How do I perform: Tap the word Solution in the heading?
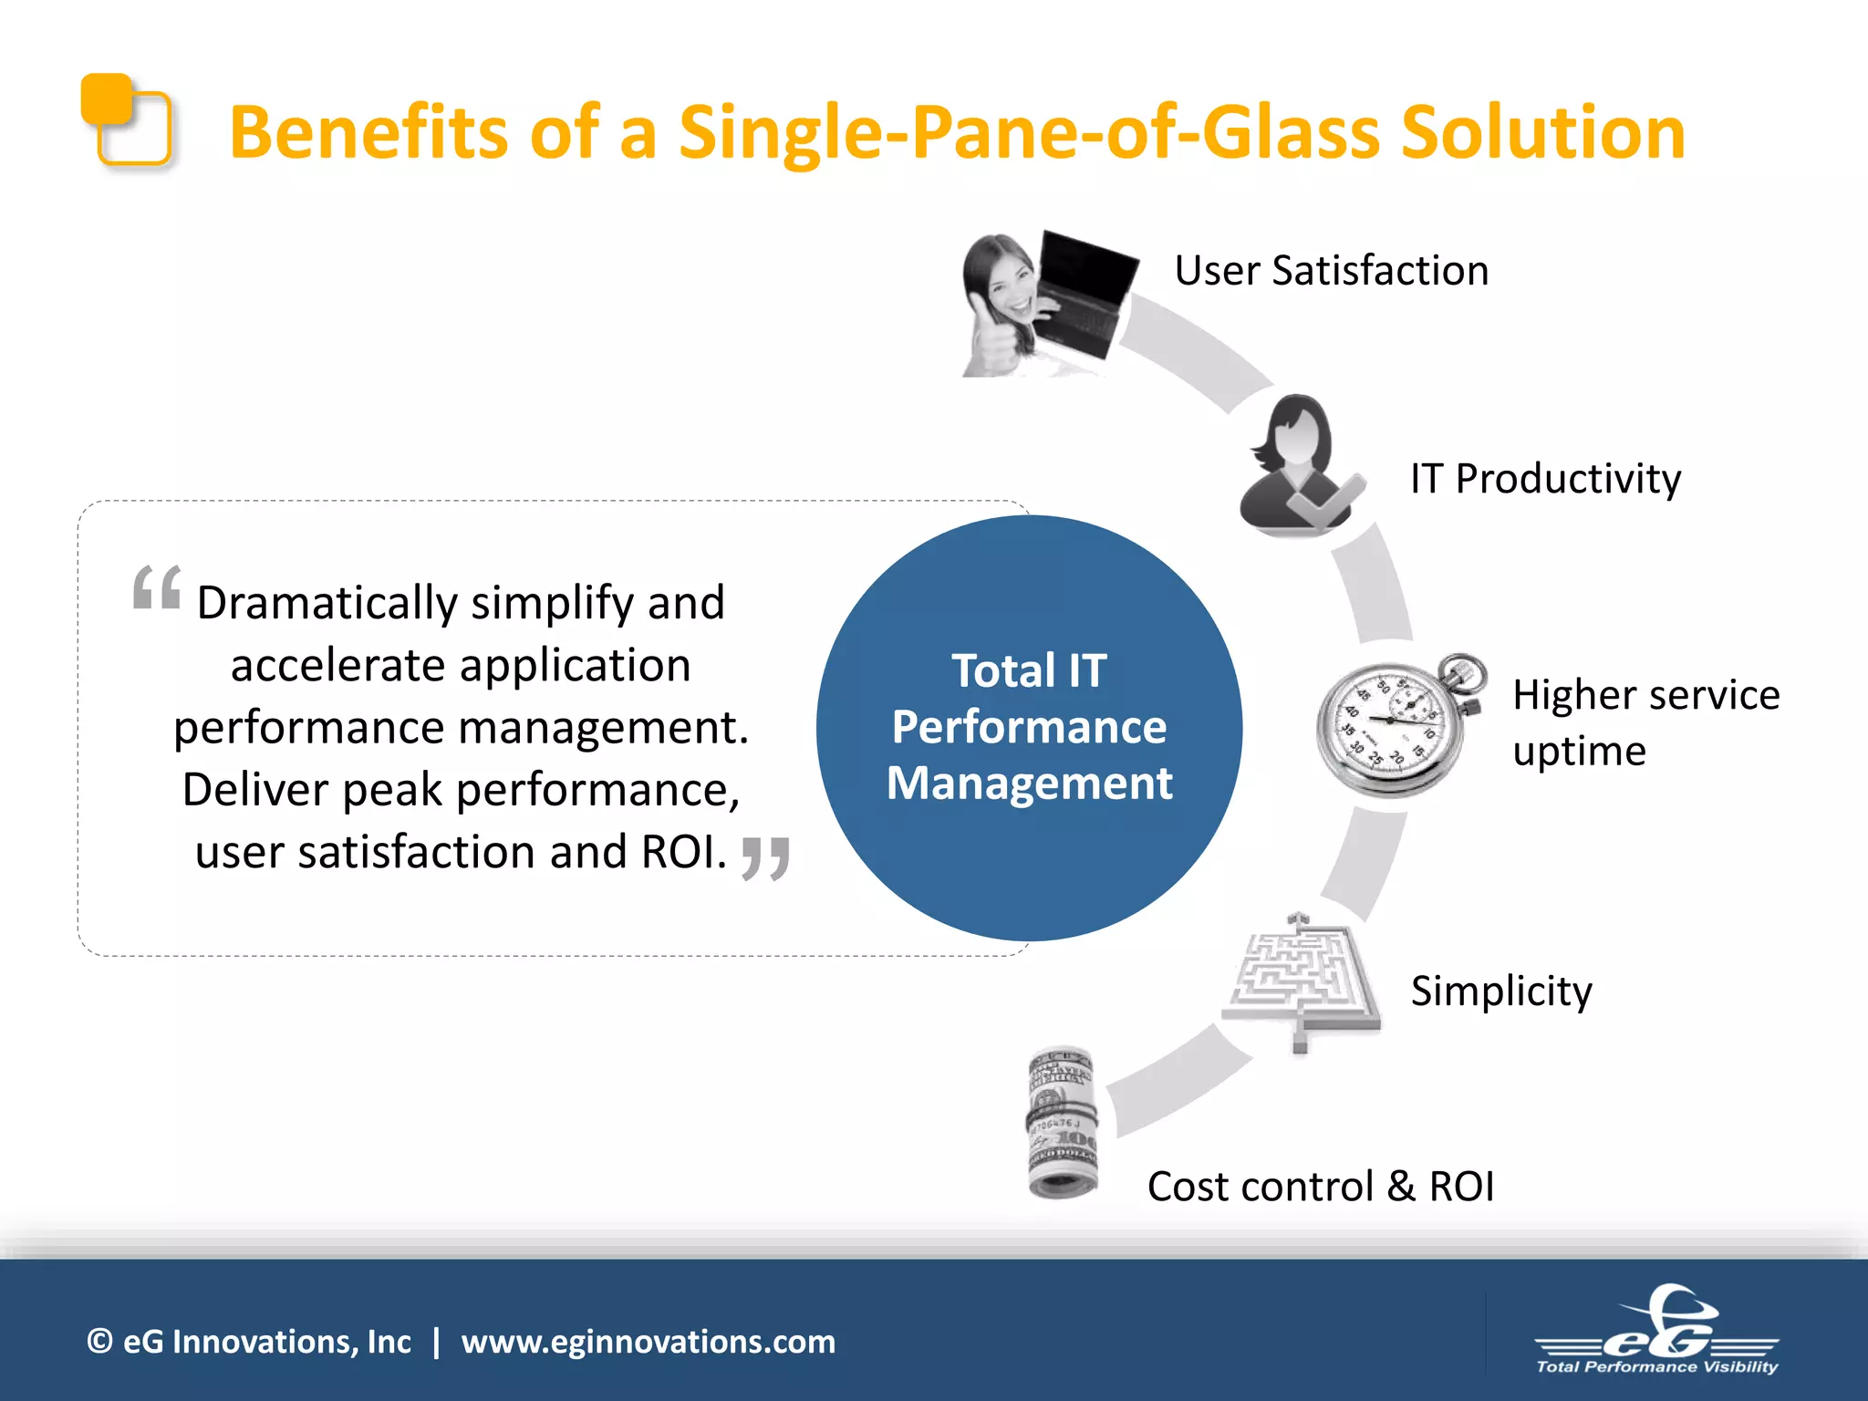click(1541, 133)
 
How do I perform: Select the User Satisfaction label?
click(1331, 271)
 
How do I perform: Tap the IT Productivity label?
click(1545, 479)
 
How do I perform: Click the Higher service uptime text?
click(1645, 721)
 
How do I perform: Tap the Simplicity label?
click(1500, 991)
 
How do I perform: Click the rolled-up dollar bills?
click(1063, 1122)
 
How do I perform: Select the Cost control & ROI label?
click(1320, 1187)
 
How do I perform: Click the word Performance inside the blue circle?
click(1029, 727)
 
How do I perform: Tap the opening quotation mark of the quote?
click(157, 588)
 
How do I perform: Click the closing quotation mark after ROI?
click(765, 858)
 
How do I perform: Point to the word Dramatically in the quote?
click(327, 603)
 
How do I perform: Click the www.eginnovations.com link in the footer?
click(648, 1342)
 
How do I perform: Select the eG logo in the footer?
click(1656, 1333)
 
